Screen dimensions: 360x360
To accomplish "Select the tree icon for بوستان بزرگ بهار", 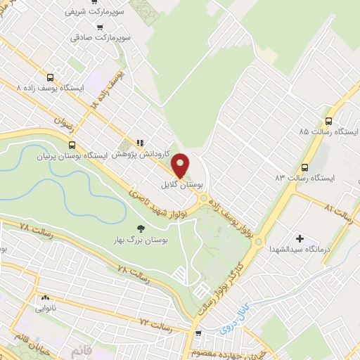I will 139,227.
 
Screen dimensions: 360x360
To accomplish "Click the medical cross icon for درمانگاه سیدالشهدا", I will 301,240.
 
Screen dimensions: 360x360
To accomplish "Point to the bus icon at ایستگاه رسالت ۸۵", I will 329,121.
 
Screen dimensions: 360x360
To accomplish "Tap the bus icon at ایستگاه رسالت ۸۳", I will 304,167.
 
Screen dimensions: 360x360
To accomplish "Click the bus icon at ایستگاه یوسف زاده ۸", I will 50,78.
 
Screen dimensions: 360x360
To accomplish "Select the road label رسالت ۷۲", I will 155,323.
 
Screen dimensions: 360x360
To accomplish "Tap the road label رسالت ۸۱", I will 339,210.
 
